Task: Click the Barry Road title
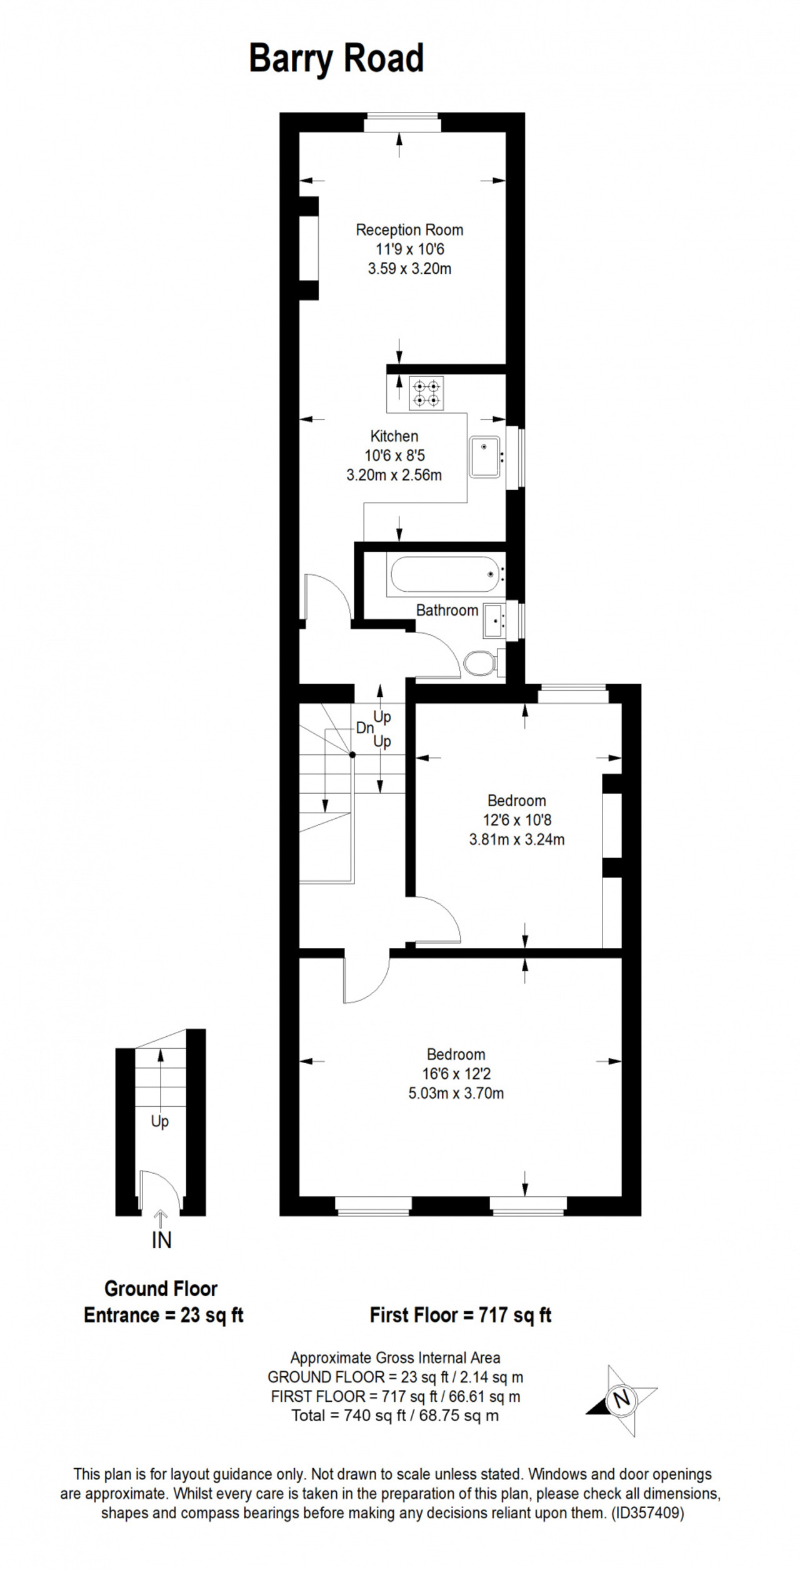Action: [336, 59]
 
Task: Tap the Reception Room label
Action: [409, 230]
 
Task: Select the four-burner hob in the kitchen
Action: [426, 393]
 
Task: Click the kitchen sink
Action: [485, 456]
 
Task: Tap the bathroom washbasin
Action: [494, 621]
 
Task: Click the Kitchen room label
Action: [394, 436]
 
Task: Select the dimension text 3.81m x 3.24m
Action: [517, 839]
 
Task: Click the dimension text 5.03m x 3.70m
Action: [456, 1093]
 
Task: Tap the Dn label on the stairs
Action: [364, 728]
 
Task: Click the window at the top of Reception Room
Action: [402, 122]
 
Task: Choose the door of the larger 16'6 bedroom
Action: [366, 979]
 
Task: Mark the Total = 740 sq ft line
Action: [395, 1416]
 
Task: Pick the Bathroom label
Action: [447, 611]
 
